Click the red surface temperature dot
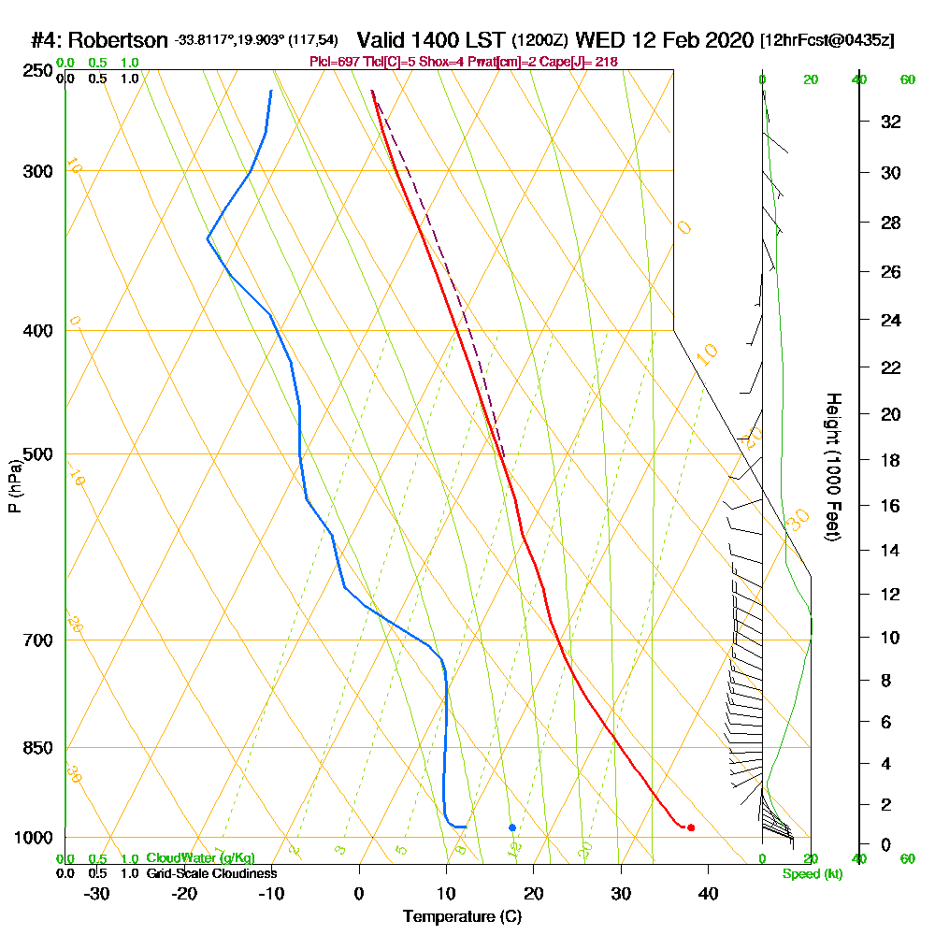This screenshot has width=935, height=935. click(690, 827)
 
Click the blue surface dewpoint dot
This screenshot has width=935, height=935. click(512, 827)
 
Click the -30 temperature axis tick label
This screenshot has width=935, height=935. click(96, 893)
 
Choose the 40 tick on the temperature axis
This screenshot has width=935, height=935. click(708, 893)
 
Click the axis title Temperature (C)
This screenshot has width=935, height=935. click(462, 916)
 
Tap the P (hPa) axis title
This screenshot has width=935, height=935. click(14, 486)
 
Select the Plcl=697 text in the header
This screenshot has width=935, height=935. click(332, 62)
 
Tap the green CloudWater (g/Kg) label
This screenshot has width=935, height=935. click(200, 858)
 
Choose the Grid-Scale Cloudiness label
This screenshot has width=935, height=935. click(210, 873)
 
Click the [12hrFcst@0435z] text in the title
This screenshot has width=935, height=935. click(827, 41)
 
